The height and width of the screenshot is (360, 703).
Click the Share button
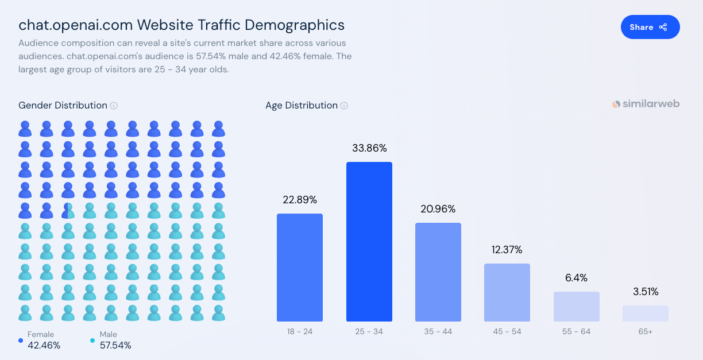tap(650, 27)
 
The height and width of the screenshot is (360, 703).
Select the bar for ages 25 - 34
tap(369, 242)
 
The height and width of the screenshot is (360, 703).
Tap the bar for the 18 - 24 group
tap(300, 268)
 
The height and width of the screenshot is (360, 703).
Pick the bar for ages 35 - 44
tap(438, 272)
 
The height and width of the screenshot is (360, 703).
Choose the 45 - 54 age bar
tap(507, 292)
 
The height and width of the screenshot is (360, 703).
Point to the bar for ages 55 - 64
tap(577, 307)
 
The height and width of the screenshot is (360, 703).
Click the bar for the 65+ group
tap(646, 313)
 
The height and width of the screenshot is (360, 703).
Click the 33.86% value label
tap(369, 148)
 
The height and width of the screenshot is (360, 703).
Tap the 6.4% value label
tap(576, 278)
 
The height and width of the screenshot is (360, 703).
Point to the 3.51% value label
tap(646, 292)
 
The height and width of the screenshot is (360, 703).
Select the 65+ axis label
tap(645, 331)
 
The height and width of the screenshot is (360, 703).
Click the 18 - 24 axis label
tap(300, 331)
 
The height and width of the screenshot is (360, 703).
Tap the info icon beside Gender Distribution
tap(114, 106)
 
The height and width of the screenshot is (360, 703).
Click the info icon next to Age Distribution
tap(344, 106)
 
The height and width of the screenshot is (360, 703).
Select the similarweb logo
tap(646, 104)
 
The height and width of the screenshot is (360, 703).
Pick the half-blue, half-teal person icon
tap(68, 211)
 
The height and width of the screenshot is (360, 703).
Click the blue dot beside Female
tap(21, 340)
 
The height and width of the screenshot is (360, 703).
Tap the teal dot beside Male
tap(92, 340)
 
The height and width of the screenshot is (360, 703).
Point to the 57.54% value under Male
tap(115, 345)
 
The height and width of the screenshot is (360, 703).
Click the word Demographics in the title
tap(295, 25)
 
